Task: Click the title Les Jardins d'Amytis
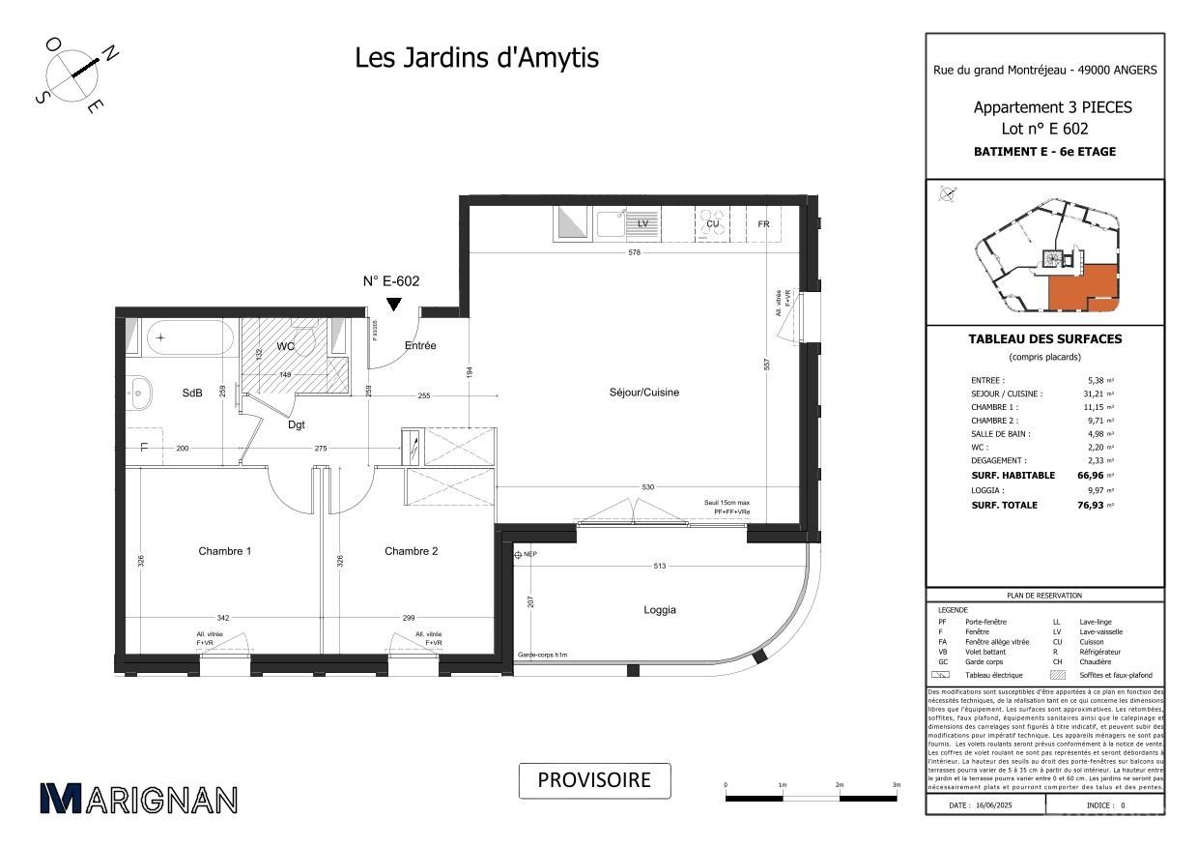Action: pyautogui.click(x=476, y=58)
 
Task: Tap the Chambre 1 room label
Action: pyautogui.click(x=224, y=551)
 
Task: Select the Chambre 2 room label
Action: pyautogui.click(x=411, y=551)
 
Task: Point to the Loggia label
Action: pyautogui.click(x=660, y=610)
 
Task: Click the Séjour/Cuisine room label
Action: pyautogui.click(x=643, y=393)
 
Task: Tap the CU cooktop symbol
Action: pyautogui.click(x=713, y=224)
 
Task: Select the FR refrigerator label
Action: pyautogui.click(x=763, y=224)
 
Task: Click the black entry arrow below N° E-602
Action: pyautogui.click(x=393, y=305)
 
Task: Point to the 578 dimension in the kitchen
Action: pyautogui.click(x=633, y=253)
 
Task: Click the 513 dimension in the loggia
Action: pyautogui.click(x=661, y=567)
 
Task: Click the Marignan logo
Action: pyautogui.click(x=138, y=799)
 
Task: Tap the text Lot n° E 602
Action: pyautogui.click(x=1044, y=128)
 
